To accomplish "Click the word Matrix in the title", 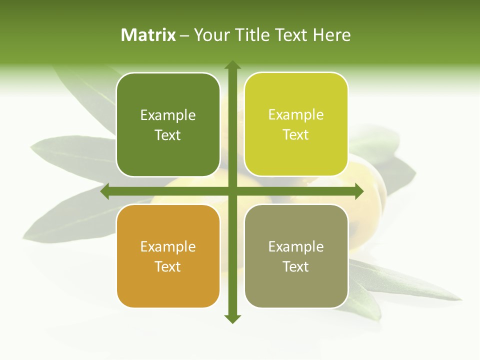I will tap(148, 35).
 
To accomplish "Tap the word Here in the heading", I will tap(332, 35).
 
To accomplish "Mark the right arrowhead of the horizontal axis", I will tap(359, 191).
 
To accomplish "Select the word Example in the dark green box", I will tap(168, 115).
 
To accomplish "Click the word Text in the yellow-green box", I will tap(296, 134).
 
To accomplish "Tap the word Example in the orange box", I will tap(168, 247).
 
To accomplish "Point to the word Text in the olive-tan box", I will tap(296, 266).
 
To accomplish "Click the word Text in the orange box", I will tap(168, 266).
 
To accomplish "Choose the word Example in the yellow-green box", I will tap(296, 115).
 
